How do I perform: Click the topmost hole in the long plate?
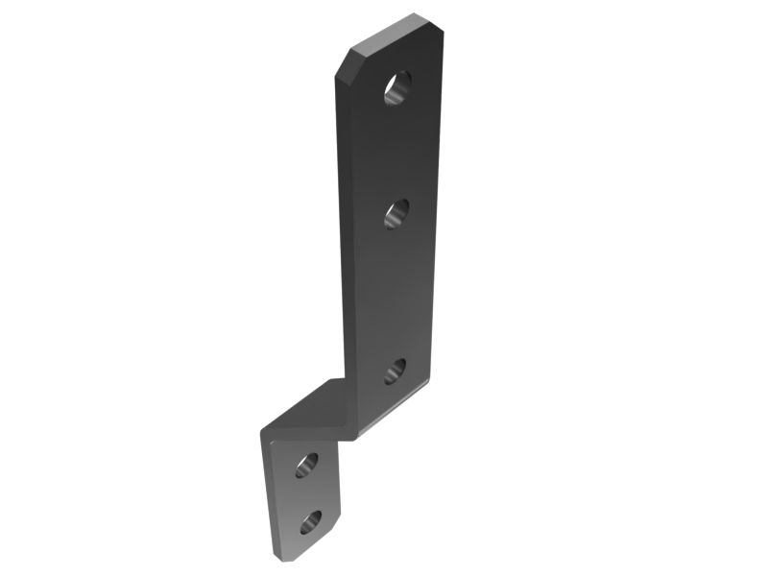point(397,87)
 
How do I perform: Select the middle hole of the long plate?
point(396,213)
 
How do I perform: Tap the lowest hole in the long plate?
point(396,371)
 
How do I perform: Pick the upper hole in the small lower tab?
point(306,465)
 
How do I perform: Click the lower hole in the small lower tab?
point(310,522)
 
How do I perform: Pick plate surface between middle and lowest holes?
point(396,293)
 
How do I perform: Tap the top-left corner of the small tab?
point(265,434)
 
